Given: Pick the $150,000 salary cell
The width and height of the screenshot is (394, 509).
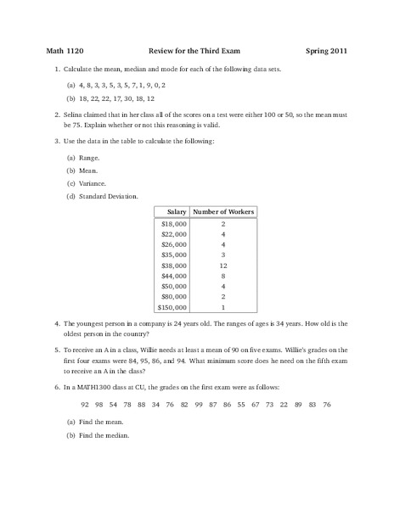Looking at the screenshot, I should click(x=172, y=309).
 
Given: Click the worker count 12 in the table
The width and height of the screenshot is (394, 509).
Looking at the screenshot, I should click(x=222, y=266).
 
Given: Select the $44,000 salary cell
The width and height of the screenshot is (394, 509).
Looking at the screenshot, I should click(x=174, y=276).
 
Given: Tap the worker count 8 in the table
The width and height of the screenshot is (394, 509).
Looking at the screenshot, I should click(x=222, y=276).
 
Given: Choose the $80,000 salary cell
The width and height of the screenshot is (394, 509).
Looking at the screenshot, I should click(x=174, y=298).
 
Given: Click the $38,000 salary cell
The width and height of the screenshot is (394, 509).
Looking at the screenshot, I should click(x=174, y=266).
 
